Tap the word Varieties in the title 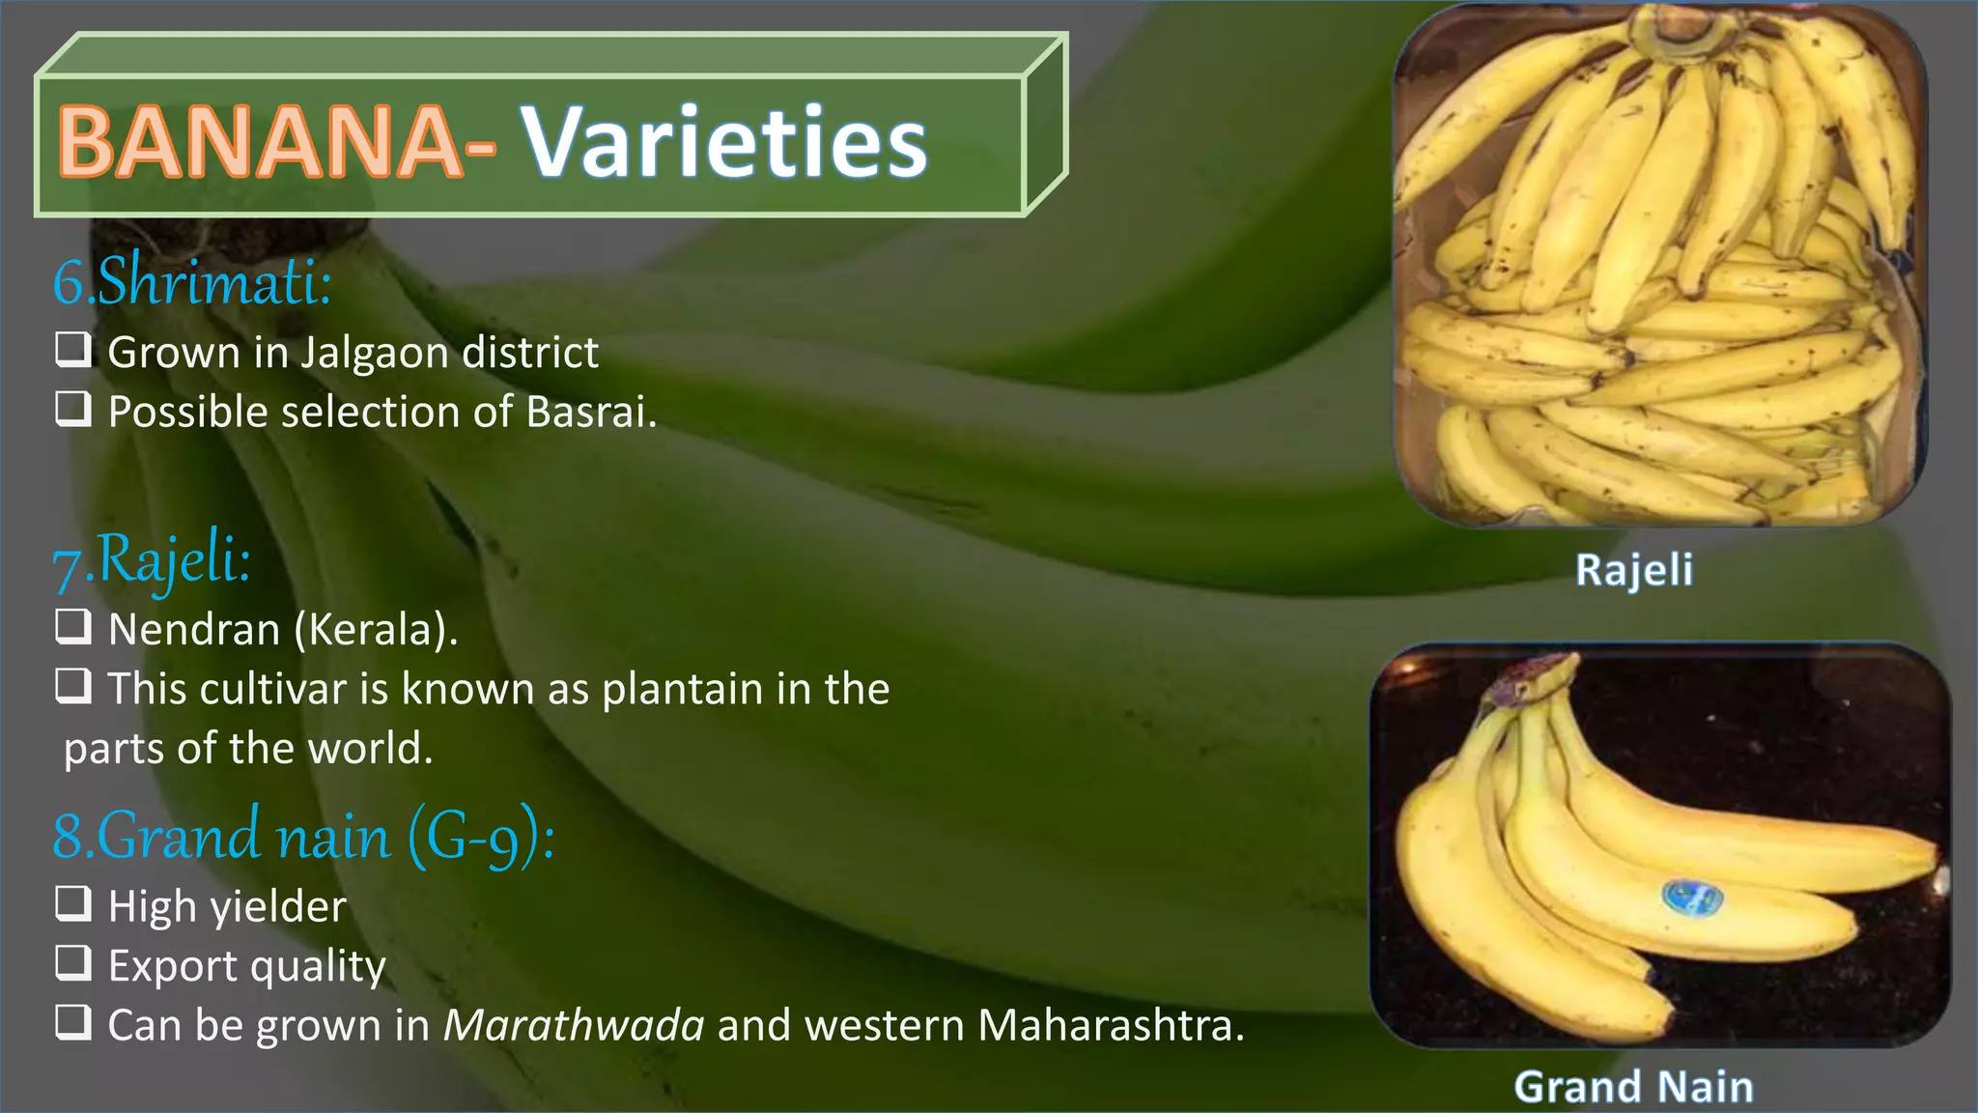tap(724, 142)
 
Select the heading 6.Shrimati tap(192, 281)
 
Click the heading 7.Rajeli tap(152, 561)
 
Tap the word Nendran tap(194, 630)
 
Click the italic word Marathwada tap(574, 1025)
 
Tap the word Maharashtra tap(1111, 1025)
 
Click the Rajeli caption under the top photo tap(1634, 570)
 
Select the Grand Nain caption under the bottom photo tap(1634, 1087)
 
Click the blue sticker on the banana tap(1691, 898)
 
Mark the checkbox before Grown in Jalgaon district tap(73, 350)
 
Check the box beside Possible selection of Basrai tap(73, 409)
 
